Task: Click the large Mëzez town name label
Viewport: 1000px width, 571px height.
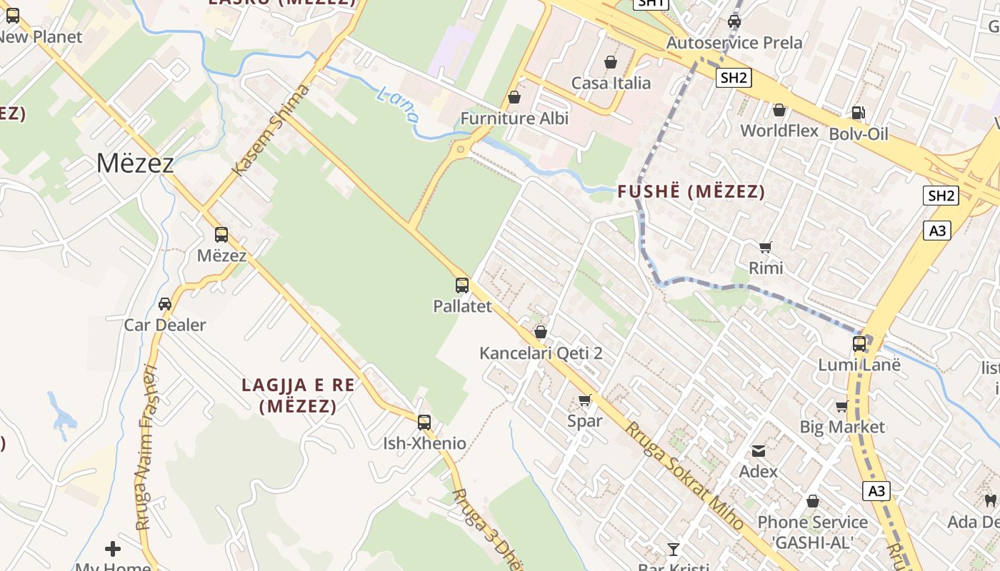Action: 135,163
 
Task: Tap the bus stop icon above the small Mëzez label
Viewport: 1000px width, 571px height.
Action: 221,234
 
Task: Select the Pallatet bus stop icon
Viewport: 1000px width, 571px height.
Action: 462,285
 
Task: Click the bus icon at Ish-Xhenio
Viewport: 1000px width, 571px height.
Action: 424,422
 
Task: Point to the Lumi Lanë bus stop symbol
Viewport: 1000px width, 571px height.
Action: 859,344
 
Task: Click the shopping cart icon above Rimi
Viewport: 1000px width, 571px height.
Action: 766,248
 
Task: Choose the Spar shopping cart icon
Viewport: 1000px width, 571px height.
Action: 585,400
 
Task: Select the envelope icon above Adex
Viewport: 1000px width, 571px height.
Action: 758,451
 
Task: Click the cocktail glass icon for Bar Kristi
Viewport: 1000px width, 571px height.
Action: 673,549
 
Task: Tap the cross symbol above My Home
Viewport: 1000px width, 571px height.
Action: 113,548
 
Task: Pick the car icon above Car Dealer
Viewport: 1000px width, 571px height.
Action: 165,304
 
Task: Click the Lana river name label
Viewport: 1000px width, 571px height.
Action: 397,104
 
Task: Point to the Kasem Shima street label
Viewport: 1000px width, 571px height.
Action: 272,128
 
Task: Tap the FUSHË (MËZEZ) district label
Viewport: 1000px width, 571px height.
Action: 691,191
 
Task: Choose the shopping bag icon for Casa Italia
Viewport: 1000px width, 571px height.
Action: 611,63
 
